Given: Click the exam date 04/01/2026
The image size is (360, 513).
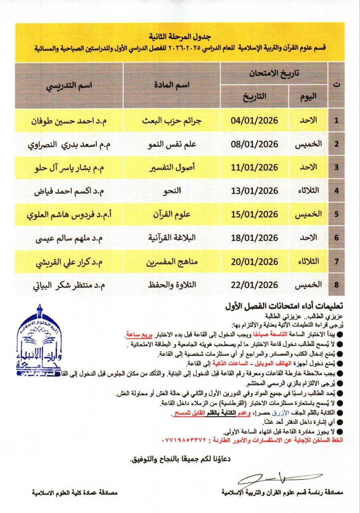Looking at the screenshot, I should tap(255, 120).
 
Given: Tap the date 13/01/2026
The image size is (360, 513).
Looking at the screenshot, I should tap(255, 191).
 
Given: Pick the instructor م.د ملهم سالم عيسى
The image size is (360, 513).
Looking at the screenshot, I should tap(68, 238).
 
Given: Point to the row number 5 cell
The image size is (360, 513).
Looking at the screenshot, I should tap(337, 214).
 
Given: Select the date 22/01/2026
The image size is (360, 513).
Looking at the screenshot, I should tap(255, 285).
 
